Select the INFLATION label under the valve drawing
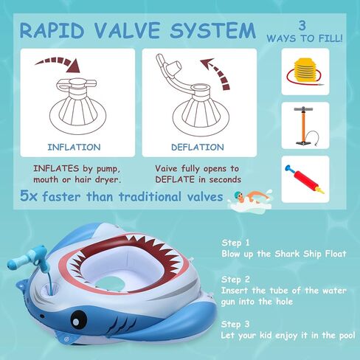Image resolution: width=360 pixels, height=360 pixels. pyautogui.click(x=73, y=146)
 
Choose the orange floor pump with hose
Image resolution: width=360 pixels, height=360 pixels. pyautogui.click(x=304, y=126)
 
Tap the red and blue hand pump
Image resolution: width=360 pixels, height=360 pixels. pyautogui.click(x=305, y=179)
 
